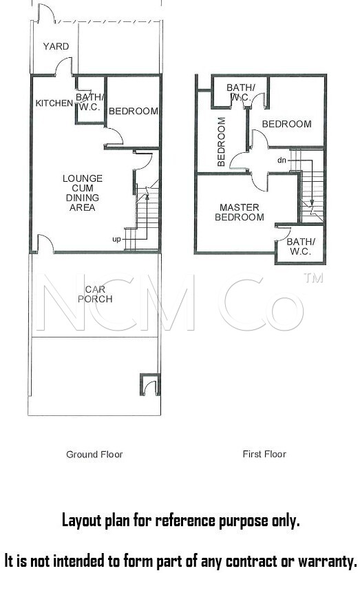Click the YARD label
[x=56, y=47]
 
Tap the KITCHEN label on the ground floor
[x=54, y=103]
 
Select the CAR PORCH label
[x=95, y=294]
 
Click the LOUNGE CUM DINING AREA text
[x=83, y=193]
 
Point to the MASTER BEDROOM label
[x=240, y=212]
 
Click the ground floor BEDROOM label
[x=134, y=112]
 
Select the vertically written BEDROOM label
[x=221, y=142]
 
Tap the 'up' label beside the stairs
[x=116, y=240]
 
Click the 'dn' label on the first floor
[x=282, y=160]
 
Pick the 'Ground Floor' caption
[x=94, y=455]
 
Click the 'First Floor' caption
[x=264, y=454]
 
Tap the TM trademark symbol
[x=313, y=278]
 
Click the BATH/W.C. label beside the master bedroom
[x=301, y=247]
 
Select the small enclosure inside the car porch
[x=150, y=384]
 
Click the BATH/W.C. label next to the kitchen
[x=90, y=102]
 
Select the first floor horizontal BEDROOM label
[x=287, y=124]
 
